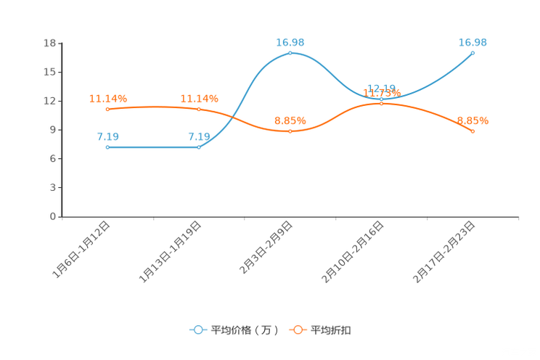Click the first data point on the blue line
pos(107,147)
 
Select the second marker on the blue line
pos(199,147)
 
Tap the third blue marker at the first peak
pos(290,53)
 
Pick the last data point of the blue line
pos(472,53)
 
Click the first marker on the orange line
pos(107,110)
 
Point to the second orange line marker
pos(199,110)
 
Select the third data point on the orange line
pos(290,131)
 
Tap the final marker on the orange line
pos(472,131)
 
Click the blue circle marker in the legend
pos(197,330)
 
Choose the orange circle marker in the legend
pos(297,330)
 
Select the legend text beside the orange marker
pos(331,330)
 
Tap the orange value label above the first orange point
pos(107,99)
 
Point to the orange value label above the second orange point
pos(199,99)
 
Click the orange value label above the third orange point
pos(290,120)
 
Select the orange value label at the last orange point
pos(472,120)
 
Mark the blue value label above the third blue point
pos(290,42)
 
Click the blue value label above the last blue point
pos(472,42)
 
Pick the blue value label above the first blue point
pos(107,136)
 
